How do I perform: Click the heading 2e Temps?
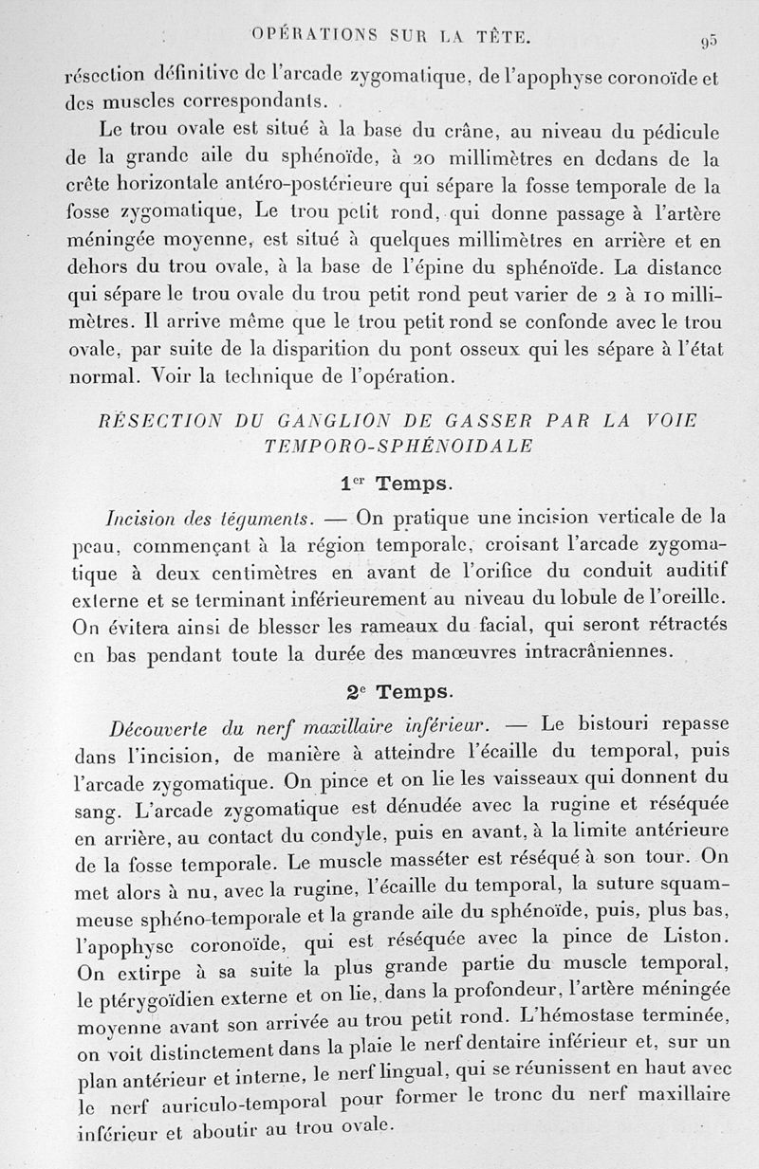tap(396, 690)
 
